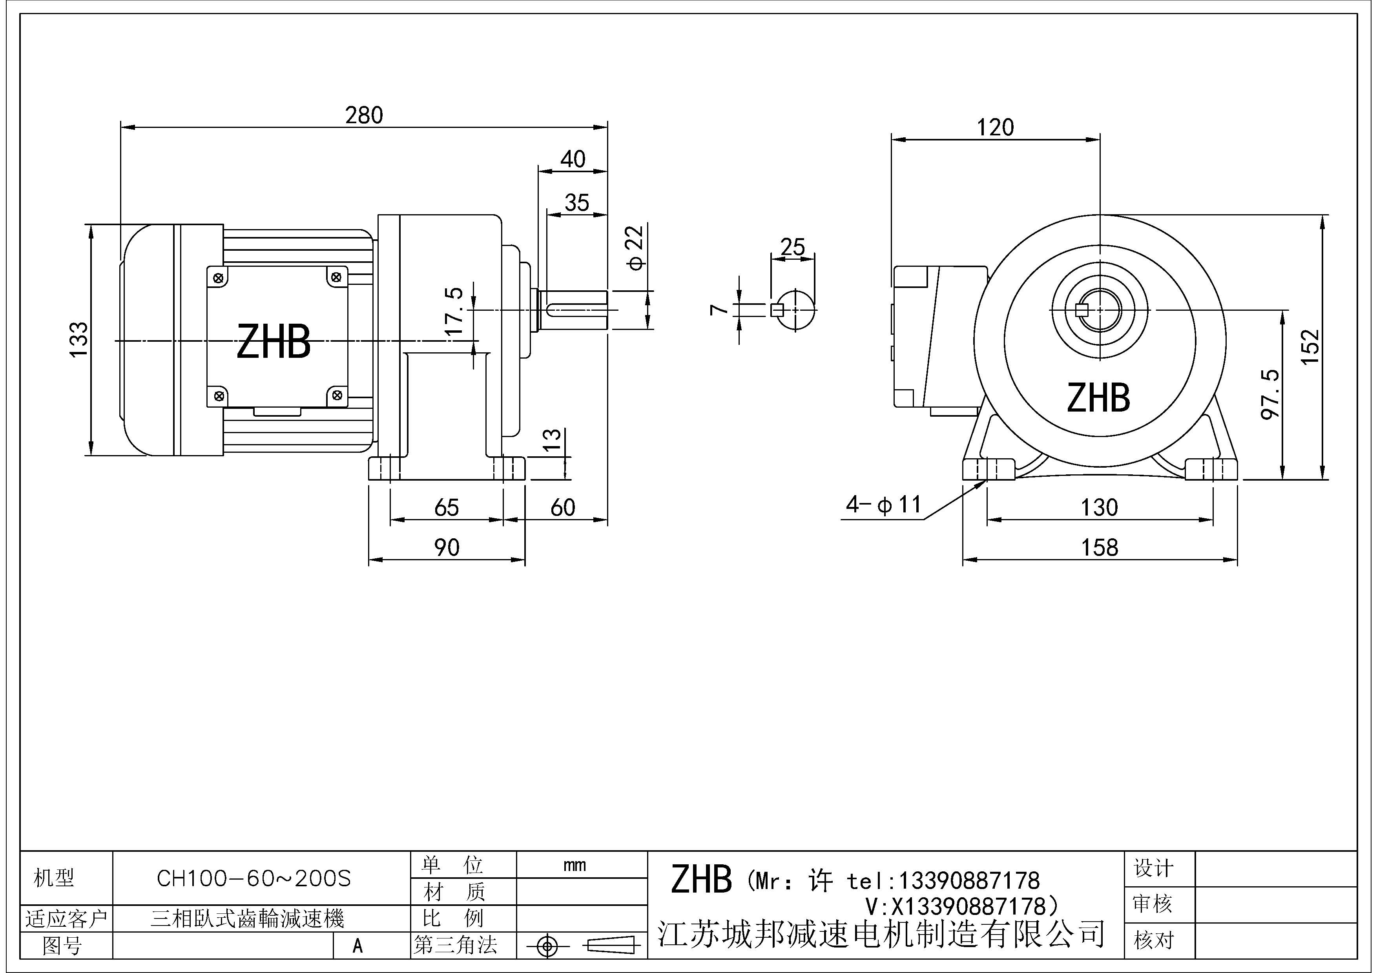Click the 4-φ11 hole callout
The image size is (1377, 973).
[x=883, y=505]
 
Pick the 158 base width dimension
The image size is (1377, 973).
[x=1099, y=547]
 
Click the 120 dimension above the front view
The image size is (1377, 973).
[x=996, y=128]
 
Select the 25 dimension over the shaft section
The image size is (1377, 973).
[x=792, y=246]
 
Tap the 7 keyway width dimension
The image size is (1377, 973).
[x=719, y=309]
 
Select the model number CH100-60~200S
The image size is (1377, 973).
[x=254, y=879]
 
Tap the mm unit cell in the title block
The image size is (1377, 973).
[x=575, y=865]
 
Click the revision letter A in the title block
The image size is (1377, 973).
[x=357, y=946]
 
